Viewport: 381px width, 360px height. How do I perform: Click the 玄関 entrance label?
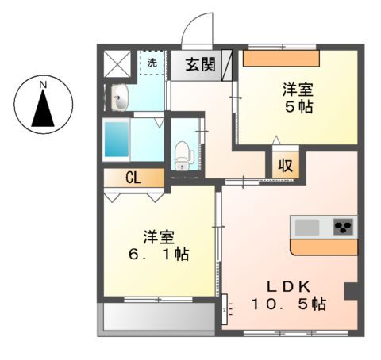200,65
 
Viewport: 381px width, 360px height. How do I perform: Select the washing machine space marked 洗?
151,62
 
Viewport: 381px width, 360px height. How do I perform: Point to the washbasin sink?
119,99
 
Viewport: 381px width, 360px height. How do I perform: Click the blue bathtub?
120,141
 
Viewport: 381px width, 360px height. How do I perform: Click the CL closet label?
133,178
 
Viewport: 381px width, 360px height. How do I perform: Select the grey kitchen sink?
307,227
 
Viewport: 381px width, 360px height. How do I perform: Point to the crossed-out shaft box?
117,61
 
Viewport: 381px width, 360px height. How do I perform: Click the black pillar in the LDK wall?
350,291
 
